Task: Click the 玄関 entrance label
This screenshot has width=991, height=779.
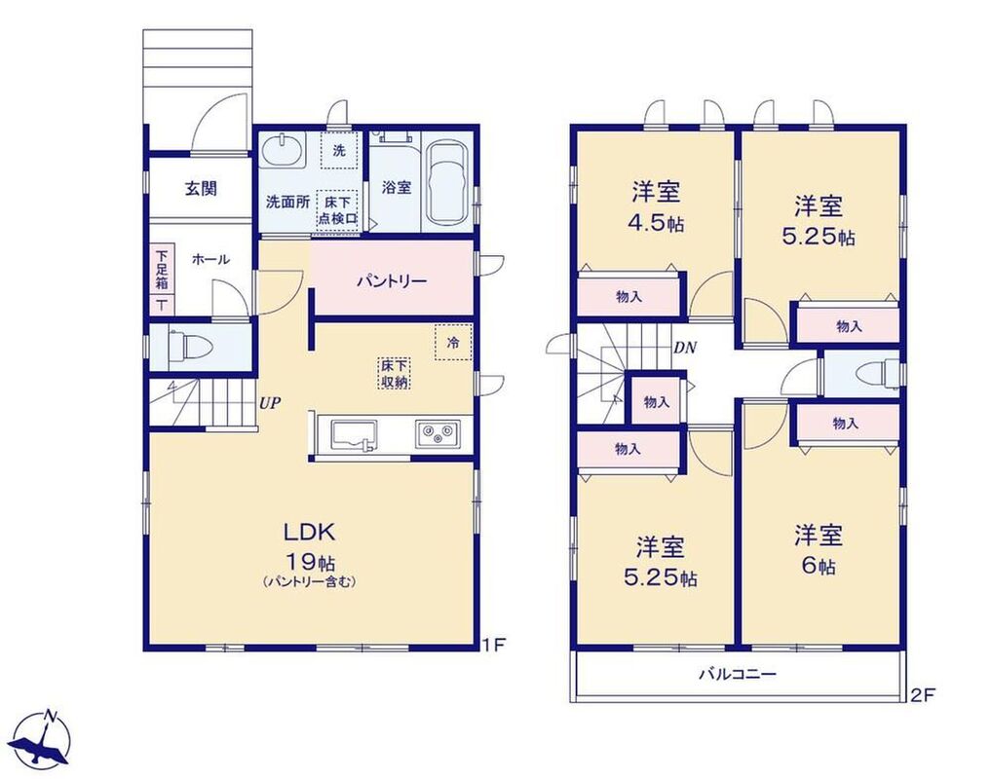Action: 201,188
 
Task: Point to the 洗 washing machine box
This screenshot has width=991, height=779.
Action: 339,151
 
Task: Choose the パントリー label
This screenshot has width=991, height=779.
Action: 392,280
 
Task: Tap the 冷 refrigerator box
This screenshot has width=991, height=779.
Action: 453,343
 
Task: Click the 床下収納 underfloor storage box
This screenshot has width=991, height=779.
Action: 395,373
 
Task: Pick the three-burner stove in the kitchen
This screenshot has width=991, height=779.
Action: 438,434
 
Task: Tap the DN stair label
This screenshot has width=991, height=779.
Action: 685,347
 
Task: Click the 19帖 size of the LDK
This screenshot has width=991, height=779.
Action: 310,561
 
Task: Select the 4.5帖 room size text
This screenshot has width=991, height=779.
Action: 656,223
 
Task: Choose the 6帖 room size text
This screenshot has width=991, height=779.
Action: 819,566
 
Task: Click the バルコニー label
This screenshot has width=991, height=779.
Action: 737,674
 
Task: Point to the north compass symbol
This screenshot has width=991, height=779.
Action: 42,739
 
